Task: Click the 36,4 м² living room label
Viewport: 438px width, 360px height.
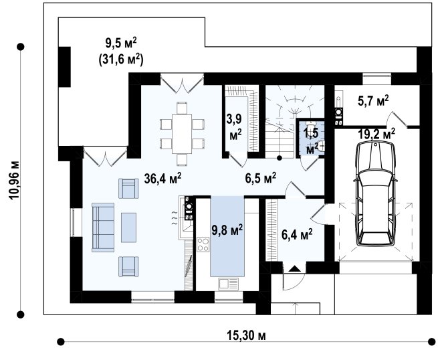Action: pyautogui.click(x=163, y=179)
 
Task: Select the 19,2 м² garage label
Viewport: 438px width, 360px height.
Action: pyautogui.click(x=376, y=134)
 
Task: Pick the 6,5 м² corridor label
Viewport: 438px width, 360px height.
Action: pyautogui.click(x=261, y=178)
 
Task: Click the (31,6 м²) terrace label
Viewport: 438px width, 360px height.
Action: pyautogui.click(x=121, y=60)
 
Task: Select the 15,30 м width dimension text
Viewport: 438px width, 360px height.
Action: pyautogui.click(x=246, y=336)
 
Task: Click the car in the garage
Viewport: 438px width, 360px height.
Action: pyautogui.click(x=375, y=193)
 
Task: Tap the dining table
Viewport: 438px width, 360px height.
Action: pyautogui.click(x=182, y=134)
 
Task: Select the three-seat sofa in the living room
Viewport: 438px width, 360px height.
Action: pyautogui.click(x=103, y=228)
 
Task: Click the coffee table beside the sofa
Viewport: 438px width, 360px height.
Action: pyautogui.click(x=129, y=228)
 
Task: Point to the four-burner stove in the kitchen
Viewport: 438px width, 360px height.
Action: pyautogui.click(x=203, y=244)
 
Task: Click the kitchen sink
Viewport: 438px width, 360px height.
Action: pyautogui.click(x=229, y=284)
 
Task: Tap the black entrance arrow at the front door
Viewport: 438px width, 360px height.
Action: pyautogui.click(x=294, y=269)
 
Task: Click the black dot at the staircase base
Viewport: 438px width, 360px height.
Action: pyautogui.click(x=279, y=158)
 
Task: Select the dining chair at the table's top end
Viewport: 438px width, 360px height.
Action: pyautogui.click(x=182, y=108)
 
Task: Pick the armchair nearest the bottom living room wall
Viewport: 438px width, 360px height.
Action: pyautogui.click(x=128, y=266)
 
